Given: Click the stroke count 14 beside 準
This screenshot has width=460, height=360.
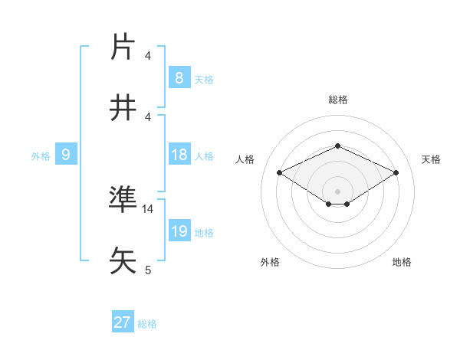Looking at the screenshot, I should pyautogui.click(x=148, y=208).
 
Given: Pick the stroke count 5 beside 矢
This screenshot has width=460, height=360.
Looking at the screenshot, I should pyautogui.click(x=148, y=270).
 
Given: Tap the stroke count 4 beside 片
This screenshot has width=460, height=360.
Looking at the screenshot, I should pyautogui.click(x=148, y=56).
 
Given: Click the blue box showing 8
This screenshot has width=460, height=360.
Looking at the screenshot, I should pyautogui.click(x=179, y=78).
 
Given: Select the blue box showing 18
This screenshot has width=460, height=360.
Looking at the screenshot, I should pyautogui.click(x=179, y=155).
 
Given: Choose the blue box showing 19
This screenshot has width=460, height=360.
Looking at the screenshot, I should pyautogui.click(x=179, y=231).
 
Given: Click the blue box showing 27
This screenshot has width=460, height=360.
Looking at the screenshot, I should pyautogui.click(x=122, y=322).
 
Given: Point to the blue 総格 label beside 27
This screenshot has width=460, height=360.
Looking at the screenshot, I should pyautogui.click(x=147, y=324).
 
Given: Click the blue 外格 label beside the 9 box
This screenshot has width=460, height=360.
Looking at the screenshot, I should pyautogui.click(x=41, y=156).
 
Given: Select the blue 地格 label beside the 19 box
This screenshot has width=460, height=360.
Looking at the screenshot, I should pyautogui.click(x=204, y=233).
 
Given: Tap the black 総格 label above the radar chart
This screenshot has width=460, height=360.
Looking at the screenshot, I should pyautogui.click(x=337, y=100).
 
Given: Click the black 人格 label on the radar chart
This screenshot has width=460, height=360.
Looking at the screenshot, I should pyautogui.click(x=245, y=159).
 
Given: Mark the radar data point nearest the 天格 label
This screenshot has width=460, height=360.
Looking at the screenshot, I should pyautogui.click(x=396, y=172).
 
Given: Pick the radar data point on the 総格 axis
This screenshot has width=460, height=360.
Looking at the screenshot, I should pyautogui.click(x=337, y=145).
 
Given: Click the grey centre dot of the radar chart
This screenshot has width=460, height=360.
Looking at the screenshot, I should pyautogui.click(x=337, y=191).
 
